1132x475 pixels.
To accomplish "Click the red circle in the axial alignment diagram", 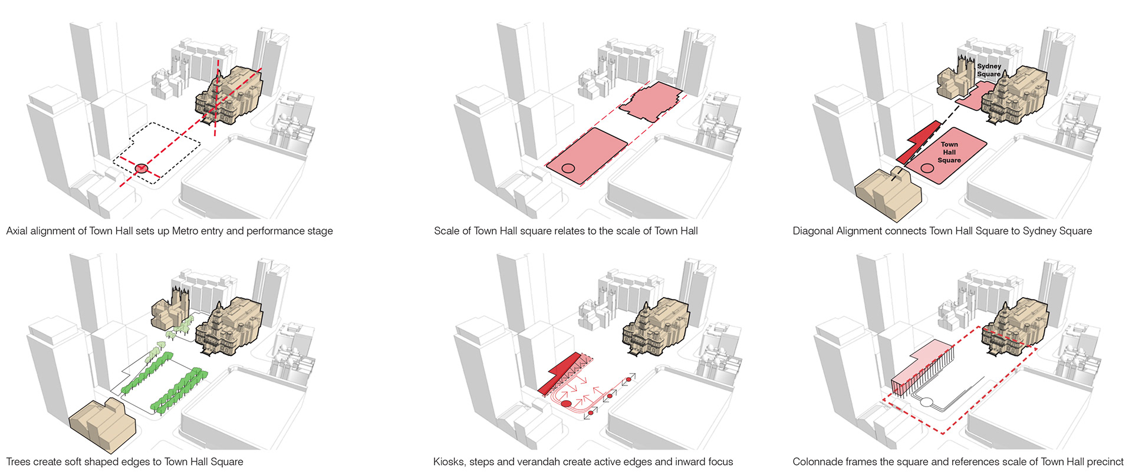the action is click(x=141, y=169).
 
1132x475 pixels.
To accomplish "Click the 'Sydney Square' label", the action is click(x=989, y=70).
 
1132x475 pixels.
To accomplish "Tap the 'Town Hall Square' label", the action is click(x=949, y=152).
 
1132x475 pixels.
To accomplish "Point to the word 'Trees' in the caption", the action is click(x=19, y=462).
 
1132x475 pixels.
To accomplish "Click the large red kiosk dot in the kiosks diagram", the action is click(x=566, y=404).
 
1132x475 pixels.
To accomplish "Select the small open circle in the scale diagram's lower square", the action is click(x=568, y=169).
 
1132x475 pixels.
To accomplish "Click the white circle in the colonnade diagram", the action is click(x=926, y=403).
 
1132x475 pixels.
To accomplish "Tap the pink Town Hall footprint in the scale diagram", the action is click(x=653, y=101).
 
